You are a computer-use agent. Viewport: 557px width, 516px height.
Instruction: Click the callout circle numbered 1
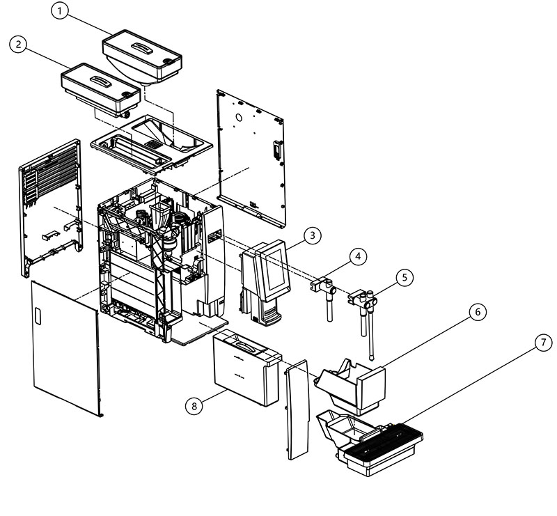click(x=60, y=11)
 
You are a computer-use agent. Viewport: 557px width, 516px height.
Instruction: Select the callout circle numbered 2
click(x=18, y=45)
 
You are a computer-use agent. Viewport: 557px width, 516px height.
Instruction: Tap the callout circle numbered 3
click(x=312, y=235)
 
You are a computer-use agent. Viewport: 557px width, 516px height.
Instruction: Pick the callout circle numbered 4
click(x=358, y=256)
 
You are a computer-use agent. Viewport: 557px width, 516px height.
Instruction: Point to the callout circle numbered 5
click(x=405, y=277)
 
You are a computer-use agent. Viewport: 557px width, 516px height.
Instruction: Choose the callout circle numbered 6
click(x=478, y=312)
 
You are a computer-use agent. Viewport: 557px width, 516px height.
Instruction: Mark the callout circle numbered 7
click(x=544, y=343)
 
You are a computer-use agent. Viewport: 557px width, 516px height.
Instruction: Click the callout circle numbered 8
click(x=194, y=406)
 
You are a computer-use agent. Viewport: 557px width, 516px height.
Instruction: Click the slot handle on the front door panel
click(x=38, y=316)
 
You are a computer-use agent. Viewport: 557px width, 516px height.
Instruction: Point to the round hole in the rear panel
click(x=239, y=117)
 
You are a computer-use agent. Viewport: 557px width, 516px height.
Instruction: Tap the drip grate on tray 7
click(x=384, y=438)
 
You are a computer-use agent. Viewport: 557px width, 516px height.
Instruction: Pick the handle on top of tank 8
click(x=244, y=346)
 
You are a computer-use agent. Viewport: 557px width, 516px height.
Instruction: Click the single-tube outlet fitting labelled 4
click(x=324, y=295)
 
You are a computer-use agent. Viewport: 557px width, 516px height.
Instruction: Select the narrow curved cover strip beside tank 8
click(x=297, y=409)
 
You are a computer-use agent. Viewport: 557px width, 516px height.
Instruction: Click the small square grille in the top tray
click(x=152, y=144)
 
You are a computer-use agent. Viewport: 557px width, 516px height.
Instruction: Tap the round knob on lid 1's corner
click(x=166, y=61)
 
